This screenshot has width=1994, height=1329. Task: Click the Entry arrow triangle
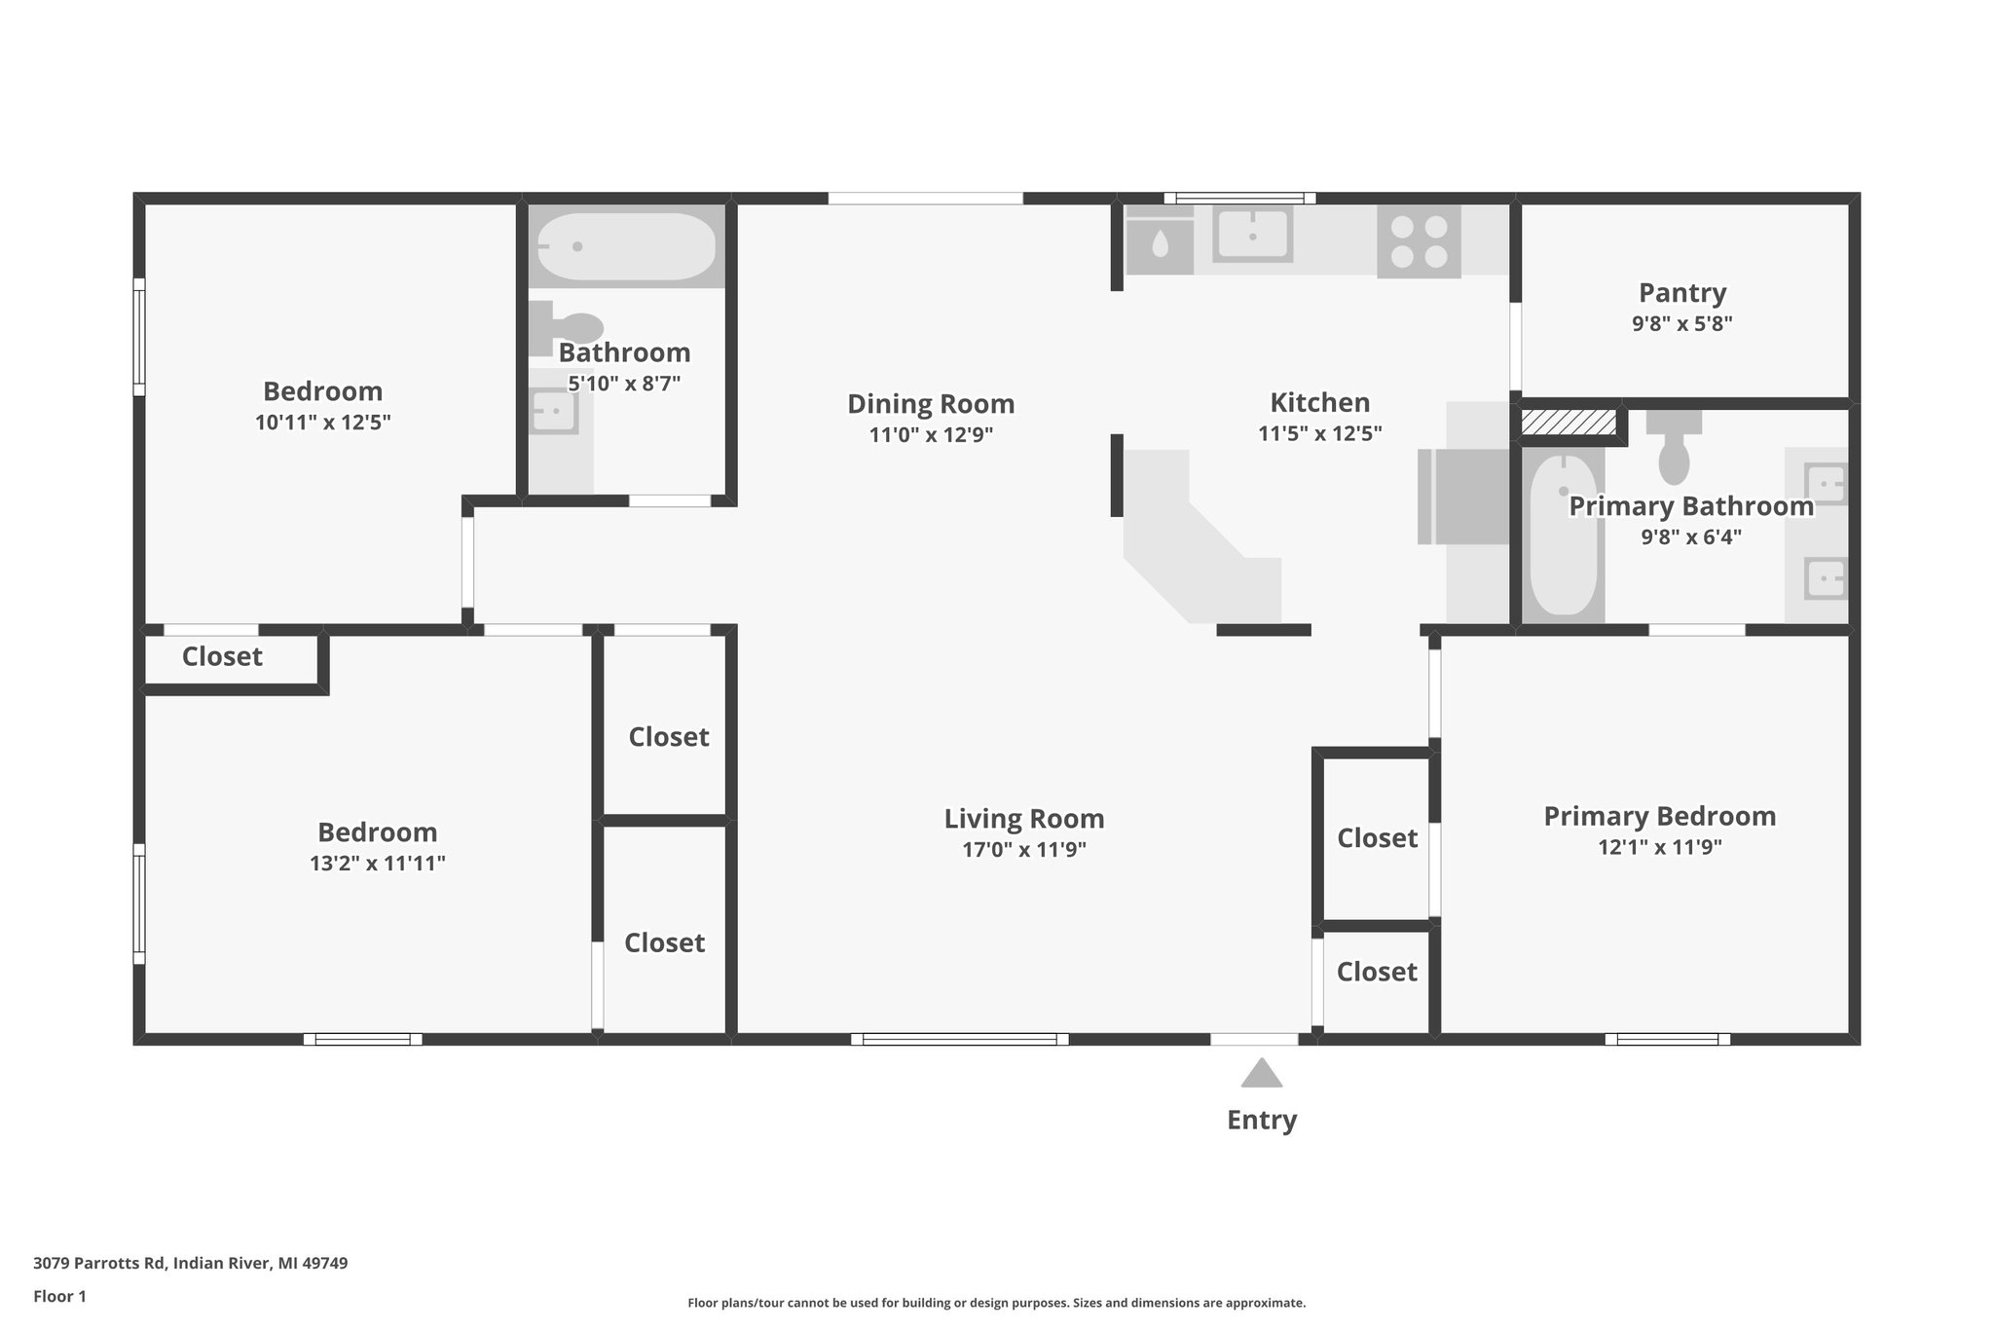(1261, 1073)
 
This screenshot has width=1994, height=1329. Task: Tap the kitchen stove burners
(1419, 241)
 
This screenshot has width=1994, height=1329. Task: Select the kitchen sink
(1252, 235)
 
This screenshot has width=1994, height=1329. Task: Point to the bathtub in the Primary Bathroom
(1563, 535)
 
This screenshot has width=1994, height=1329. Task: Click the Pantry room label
(1682, 292)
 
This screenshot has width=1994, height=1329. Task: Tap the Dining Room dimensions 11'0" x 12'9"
(931, 434)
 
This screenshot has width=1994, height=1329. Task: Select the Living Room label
(1024, 818)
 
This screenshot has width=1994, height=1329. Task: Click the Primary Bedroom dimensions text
(1660, 847)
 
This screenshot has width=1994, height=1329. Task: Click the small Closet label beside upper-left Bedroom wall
(222, 656)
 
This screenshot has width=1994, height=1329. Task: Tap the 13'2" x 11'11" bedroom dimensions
(378, 863)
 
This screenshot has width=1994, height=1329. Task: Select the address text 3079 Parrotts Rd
(99, 1263)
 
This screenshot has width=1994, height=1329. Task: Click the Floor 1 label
(59, 1296)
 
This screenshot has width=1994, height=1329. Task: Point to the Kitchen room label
(1320, 402)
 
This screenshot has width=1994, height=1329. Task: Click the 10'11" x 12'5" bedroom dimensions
(323, 422)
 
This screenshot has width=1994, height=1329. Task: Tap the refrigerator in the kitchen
(1463, 497)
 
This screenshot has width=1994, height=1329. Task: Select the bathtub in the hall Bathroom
(627, 246)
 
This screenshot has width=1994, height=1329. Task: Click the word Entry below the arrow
(1262, 1120)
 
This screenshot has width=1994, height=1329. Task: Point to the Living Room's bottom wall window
(960, 1039)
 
